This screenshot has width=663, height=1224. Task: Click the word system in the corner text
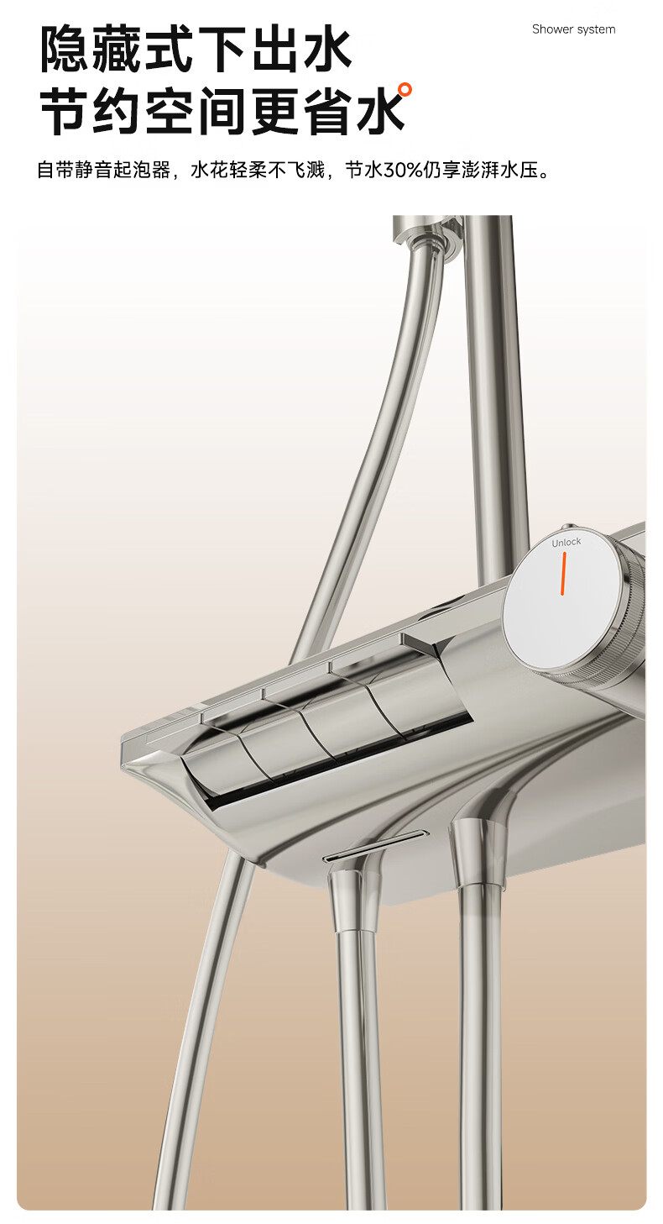(597, 30)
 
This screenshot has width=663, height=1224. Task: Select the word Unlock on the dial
(566, 542)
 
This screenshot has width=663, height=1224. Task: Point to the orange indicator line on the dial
(563, 573)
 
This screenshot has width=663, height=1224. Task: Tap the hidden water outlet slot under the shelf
(374, 847)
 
